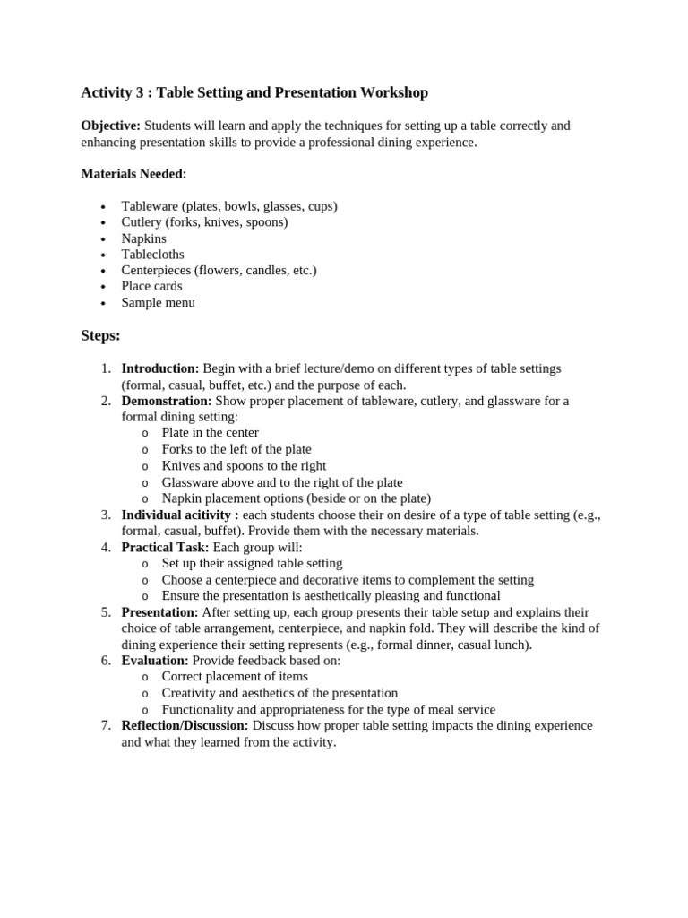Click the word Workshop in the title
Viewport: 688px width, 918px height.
click(394, 92)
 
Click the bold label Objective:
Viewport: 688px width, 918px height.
click(110, 126)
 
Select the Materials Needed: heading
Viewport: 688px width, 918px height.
click(133, 174)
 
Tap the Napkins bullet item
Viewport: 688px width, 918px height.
click(143, 238)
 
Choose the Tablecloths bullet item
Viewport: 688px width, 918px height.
click(152, 255)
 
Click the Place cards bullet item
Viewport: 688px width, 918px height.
click(151, 287)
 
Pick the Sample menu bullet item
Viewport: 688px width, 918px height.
click(158, 303)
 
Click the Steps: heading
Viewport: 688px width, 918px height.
click(100, 336)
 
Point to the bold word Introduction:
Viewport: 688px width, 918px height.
click(160, 368)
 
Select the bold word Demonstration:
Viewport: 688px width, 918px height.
click(167, 401)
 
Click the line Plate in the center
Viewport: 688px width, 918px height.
click(210, 433)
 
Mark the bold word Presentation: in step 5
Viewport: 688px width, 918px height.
click(159, 612)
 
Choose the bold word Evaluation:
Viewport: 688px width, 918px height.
click(155, 661)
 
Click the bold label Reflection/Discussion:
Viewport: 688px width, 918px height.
click(185, 725)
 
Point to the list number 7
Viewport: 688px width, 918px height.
click(105, 725)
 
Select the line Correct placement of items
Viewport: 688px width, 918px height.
click(234, 677)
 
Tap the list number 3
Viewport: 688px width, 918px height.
click(105, 515)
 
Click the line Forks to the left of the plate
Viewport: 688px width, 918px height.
click(236, 449)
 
